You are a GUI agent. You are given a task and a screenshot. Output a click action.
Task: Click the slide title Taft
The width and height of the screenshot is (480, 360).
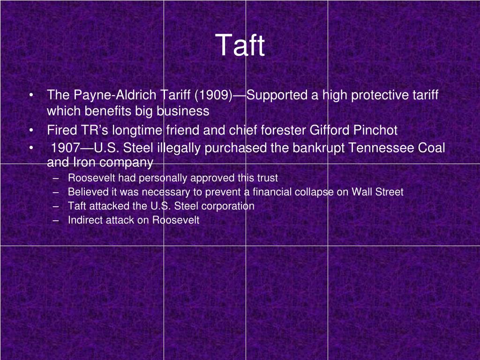pos(240,46)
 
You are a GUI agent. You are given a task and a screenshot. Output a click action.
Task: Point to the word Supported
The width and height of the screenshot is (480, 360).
pos(277,96)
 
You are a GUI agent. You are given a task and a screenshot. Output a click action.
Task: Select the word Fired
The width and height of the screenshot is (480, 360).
pos(58,130)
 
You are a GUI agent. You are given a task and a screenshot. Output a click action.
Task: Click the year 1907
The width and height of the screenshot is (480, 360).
pos(66,149)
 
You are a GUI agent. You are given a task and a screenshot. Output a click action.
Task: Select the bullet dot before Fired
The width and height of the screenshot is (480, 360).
pos(30,130)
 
